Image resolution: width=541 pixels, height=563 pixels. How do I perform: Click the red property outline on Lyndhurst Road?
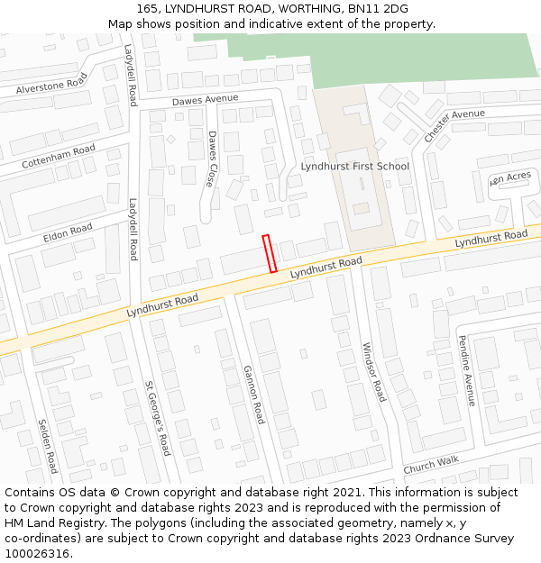(x=269, y=253)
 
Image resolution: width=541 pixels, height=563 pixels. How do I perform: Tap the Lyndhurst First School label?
(x=354, y=167)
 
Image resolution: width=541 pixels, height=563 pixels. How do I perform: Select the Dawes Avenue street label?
(x=205, y=99)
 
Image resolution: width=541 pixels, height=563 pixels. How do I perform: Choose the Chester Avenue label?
(x=454, y=124)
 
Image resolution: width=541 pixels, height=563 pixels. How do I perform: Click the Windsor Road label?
(x=373, y=371)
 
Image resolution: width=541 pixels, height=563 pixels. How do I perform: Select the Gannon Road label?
(x=253, y=395)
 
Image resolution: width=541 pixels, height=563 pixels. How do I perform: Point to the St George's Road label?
(x=157, y=418)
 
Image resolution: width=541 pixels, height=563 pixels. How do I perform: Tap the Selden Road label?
(x=48, y=446)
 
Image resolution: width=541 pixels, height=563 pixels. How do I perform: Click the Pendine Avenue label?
(x=466, y=370)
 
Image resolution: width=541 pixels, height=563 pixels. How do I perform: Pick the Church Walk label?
(x=431, y=464)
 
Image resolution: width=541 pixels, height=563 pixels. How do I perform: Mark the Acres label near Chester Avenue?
(x=510, y=178)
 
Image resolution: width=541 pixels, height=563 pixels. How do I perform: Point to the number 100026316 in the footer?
(x=37, y=554)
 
